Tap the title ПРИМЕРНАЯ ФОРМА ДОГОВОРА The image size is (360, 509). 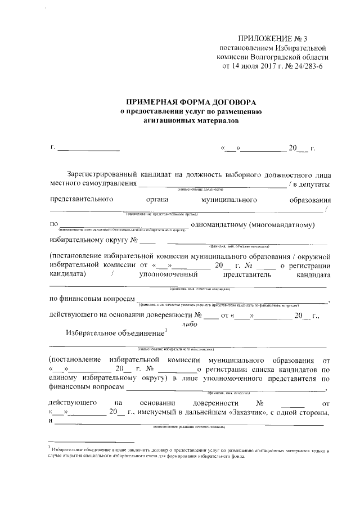191,102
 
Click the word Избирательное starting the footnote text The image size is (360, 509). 67,451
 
